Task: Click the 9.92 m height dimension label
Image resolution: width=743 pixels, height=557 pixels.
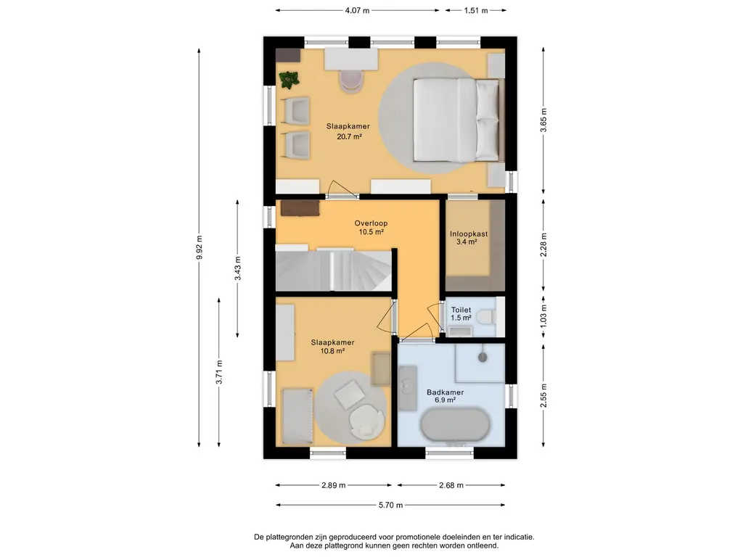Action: click(200, 247)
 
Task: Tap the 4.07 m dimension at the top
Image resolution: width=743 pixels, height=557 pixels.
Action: click(357, 10)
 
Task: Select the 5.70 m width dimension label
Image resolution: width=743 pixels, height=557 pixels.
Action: click(390, 505)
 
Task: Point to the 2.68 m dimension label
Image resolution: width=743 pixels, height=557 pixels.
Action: click(451, 485)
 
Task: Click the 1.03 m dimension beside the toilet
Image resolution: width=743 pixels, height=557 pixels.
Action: click(543, 315)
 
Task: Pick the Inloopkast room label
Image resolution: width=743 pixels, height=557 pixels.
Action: click(469, 234)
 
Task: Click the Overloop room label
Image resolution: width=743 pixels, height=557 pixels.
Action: click(371, 223)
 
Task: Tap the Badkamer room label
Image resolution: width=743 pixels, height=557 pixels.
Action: click(445, 392)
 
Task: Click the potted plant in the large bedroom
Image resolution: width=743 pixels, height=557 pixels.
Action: click(289, 79)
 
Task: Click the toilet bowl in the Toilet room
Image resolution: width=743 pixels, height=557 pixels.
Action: click(485, 316)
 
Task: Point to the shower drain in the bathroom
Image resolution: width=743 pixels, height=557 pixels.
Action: click(483, 358)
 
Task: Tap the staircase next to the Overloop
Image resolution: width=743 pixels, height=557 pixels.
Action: click(334, 270)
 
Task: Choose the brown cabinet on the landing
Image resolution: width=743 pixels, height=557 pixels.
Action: click(300, 208)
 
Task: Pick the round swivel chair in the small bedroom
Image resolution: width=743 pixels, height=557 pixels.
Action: click(366, 421)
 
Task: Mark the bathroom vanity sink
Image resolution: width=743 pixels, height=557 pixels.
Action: click(407, 387)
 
